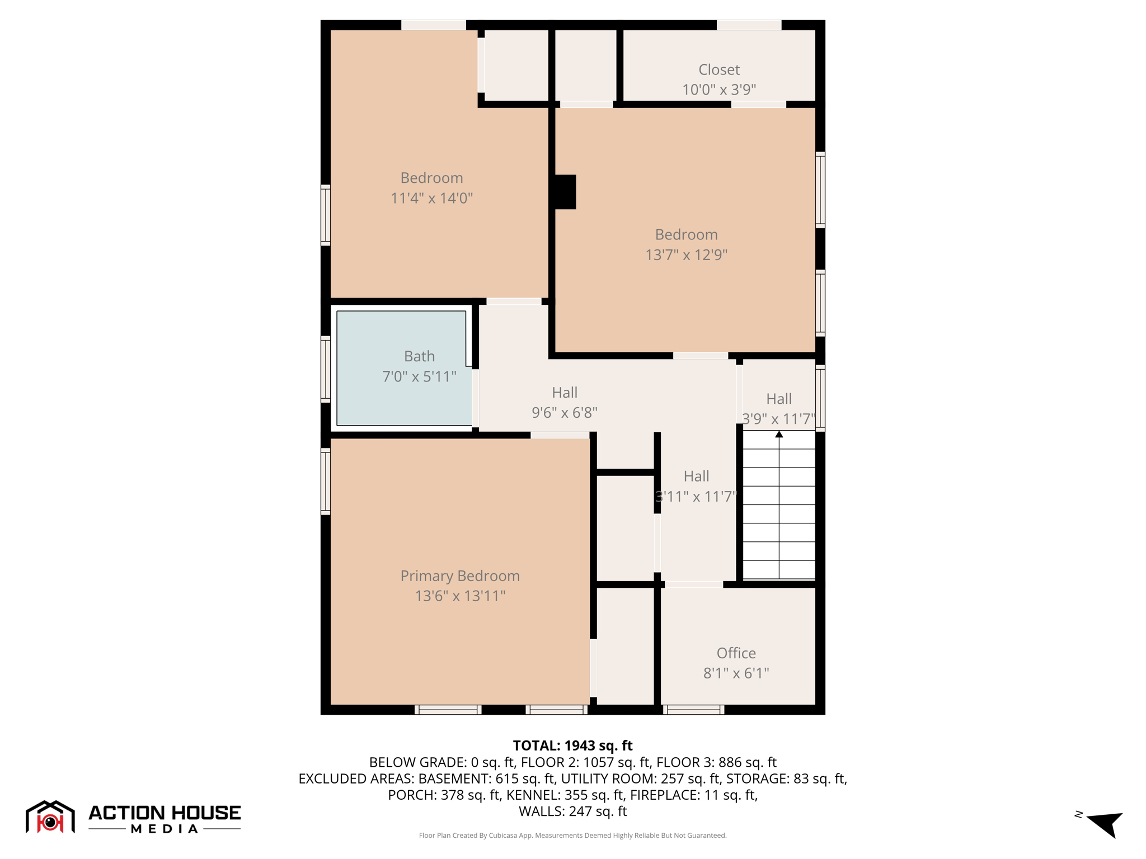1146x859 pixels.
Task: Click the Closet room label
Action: point(718,70)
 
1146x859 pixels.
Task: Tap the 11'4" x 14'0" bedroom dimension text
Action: point(431,198)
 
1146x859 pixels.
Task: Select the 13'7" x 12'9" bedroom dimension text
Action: point(686,255)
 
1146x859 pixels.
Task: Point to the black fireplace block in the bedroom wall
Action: point(564,192)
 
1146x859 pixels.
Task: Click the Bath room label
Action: point(419,356)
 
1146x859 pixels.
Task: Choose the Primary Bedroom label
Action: point(460,576)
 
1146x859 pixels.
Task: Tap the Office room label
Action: point(736,653)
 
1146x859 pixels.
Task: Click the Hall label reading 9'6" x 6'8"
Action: point(564,403)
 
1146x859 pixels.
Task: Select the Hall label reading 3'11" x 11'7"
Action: point(696,486)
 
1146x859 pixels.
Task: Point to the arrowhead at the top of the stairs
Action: point(779,435)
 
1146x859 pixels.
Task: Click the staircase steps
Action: point(778,506)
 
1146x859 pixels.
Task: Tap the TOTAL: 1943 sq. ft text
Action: point(572,745)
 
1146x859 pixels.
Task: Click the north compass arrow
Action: point(1105,823)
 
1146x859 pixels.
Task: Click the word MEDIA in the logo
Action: point(165,829)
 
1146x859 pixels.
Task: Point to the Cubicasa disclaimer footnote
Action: point(572,836)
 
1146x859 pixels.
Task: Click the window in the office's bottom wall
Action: point(694,710)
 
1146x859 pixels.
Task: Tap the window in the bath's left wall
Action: point(325,369)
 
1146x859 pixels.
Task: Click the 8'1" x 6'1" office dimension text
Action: point(736,673)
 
